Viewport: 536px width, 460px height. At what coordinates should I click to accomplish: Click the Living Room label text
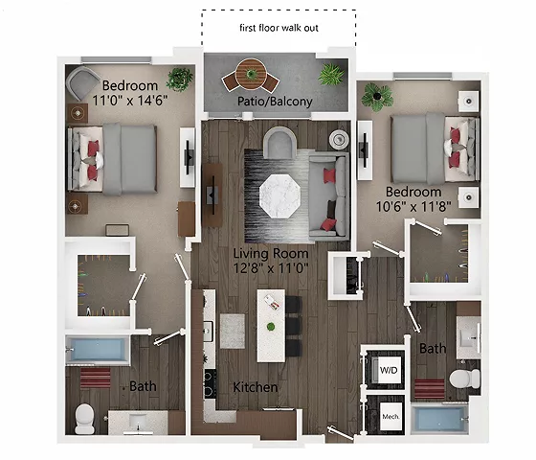tap(271, 253)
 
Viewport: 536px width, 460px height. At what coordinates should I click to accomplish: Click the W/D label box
tap(391, 369)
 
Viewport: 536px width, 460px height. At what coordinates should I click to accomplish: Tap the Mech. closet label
tap(391, 417)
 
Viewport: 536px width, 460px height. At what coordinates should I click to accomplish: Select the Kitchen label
tap(255, 387)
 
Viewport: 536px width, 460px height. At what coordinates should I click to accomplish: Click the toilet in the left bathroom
tap(84, 415)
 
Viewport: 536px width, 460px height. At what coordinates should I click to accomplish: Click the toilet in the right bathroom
tap(463, 377)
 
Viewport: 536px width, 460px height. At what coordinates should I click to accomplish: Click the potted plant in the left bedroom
tap(179, 79)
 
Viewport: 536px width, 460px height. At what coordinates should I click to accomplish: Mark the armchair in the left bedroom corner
tap(84, 82)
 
